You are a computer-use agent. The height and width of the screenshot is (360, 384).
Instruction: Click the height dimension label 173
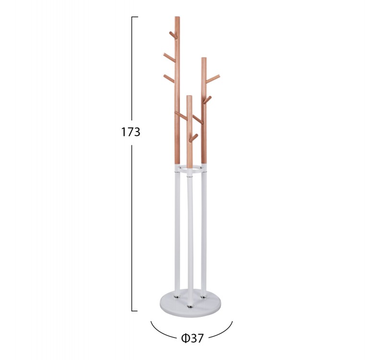pyautogui.click(x=131, y=132)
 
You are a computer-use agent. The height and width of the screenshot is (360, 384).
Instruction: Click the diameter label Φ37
pyautogui.click(x=192, y=338)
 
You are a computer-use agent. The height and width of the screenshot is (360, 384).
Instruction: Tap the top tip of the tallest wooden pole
pyautogui.click(x=177, y=17)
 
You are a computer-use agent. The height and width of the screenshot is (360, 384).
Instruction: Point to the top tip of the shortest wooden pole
pyautogui.click(x=189, y=96)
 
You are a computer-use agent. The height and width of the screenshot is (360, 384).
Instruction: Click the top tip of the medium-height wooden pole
pyautogui.click(x=204, y=58)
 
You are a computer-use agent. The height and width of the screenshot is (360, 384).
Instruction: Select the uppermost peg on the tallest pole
pyautogui.click(x=173, y=35)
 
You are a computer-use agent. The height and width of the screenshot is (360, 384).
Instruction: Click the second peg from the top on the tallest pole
pyautogui.click(x=169, y=57)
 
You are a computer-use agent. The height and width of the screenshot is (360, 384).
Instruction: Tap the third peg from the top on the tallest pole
pyautogui.click(x=169, y=78)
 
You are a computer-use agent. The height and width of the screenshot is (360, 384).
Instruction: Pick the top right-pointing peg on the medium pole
pyautogui.click(x=213, y=78)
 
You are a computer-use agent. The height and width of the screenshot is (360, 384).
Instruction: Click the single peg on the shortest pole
pyautogui.click(x=193, y=138)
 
